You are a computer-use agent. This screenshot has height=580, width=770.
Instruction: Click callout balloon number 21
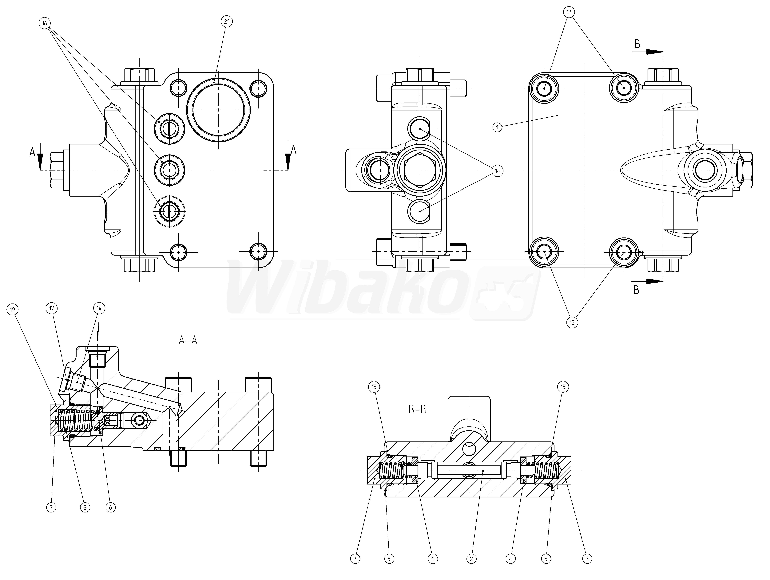[227, 22]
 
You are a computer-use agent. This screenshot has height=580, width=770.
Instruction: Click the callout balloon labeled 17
[52, 308]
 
